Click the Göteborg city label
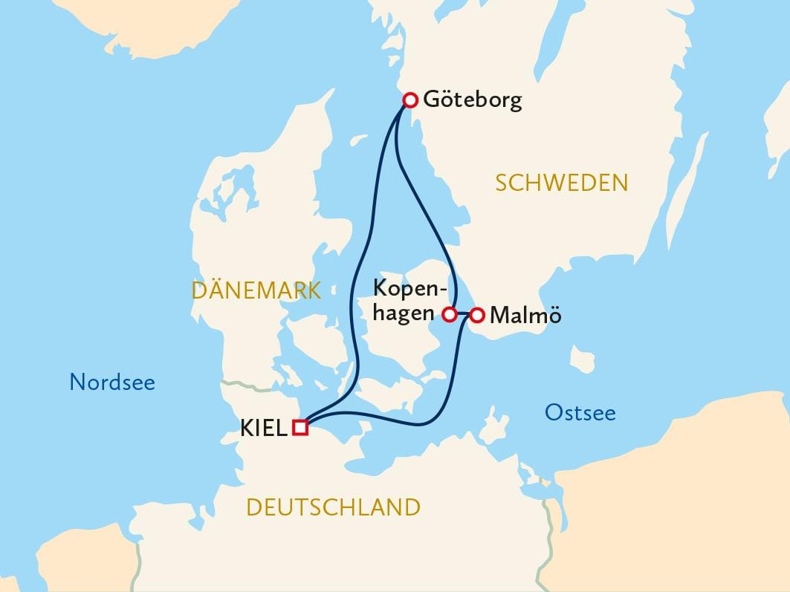point(472,100)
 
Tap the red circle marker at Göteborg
point(409,100)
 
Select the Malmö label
point(525,316)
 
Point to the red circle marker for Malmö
point(477,315)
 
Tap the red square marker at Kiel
point(300,427)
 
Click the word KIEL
point(263,428)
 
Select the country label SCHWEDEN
point(562,183)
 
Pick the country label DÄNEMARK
point(256,290)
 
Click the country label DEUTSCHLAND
point(333,507)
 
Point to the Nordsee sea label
point(112,383)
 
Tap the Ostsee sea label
point(580,412)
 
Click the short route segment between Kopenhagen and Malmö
point(463,314)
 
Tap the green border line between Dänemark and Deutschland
point(245,385)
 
